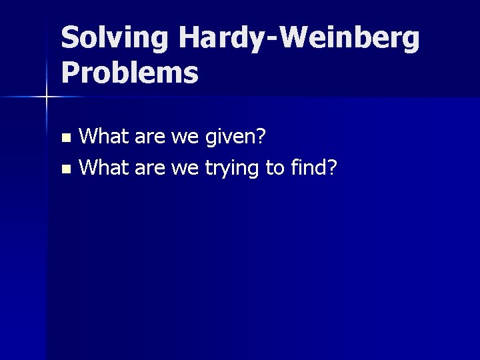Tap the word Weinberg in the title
pos(351,39)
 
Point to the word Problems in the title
pos(129,73)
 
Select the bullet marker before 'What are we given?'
pos(65,139)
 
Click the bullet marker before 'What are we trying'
pos(65,169)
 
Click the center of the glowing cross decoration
pos(47,97)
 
